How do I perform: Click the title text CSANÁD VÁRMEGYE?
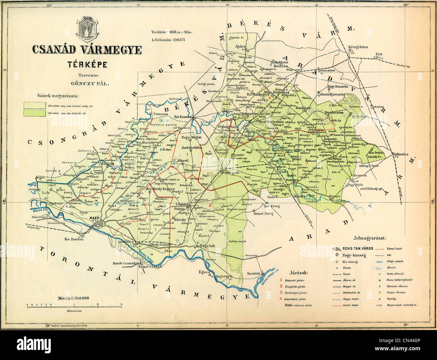pyautogui.click(x=87, y=49)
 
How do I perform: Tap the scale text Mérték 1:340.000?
pyautogui.click(x=74, y=298)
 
